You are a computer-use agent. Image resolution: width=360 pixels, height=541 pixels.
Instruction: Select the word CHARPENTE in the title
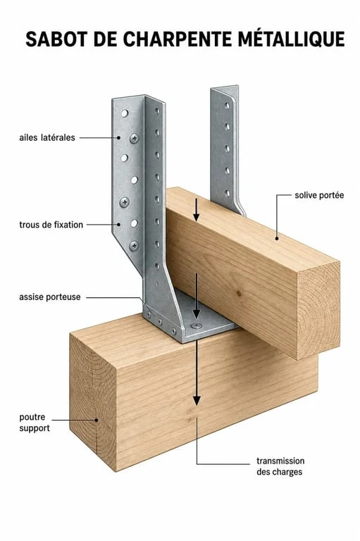(178, 39)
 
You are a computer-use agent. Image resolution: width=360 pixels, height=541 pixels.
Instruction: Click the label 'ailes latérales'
(47, 137)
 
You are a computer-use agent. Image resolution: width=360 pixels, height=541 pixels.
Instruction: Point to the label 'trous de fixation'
(51, 225)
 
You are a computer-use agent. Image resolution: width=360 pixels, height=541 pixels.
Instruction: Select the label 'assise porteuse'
(50, 297)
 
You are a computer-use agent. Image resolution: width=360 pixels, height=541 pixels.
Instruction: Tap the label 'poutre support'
(35, 423)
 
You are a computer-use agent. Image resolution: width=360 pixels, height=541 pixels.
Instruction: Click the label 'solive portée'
(319, 195)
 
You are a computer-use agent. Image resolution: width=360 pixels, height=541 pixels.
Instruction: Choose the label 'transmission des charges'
(280, 466)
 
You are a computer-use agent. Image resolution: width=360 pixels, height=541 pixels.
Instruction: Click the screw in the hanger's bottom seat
(196, 325)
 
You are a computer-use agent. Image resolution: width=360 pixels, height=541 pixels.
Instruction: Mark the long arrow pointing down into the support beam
(197, 373)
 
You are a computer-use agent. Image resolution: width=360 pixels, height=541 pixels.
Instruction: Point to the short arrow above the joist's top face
(196, 210)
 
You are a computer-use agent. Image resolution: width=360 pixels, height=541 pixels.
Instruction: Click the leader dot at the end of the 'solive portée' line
(276, 238)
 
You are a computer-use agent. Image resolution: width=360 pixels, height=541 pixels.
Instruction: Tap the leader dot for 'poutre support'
(97, 420)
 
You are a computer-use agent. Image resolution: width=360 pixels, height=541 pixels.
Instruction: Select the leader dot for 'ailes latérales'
(118, 137)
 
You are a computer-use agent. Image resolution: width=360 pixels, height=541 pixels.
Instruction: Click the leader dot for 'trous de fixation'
(119, 225)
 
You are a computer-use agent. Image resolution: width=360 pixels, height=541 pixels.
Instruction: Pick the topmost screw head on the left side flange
(135, 138)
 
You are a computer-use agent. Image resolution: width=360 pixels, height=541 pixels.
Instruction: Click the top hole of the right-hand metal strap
(227, 105)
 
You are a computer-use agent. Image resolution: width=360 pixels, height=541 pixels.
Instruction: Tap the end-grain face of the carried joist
(318, 311)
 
